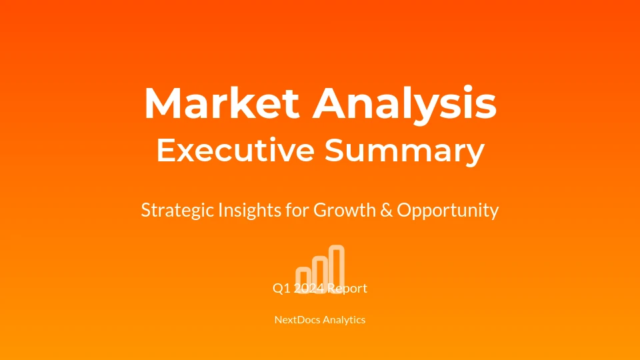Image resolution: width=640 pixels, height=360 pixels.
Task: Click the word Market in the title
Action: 221,103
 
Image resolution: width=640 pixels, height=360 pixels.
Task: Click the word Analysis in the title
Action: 405,104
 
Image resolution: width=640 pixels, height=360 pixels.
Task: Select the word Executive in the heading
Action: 235,149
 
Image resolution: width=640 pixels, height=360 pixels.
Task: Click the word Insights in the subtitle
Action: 250,211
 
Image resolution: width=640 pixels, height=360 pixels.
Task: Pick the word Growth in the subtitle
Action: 345,210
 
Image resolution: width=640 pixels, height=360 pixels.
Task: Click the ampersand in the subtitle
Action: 386,210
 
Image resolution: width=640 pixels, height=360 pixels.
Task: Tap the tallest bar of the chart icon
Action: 336,269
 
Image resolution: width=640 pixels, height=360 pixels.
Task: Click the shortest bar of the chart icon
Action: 303,280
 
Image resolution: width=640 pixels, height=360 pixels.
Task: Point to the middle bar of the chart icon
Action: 320,274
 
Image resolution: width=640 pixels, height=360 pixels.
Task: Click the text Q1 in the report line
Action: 281,289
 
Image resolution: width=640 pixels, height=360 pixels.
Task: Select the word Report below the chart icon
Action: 347,289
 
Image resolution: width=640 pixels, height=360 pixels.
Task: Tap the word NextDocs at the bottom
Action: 297,319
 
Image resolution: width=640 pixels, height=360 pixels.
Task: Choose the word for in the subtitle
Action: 297,210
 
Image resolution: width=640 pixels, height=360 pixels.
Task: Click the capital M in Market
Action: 163,103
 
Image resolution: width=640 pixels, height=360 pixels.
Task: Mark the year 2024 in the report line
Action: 309,289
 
